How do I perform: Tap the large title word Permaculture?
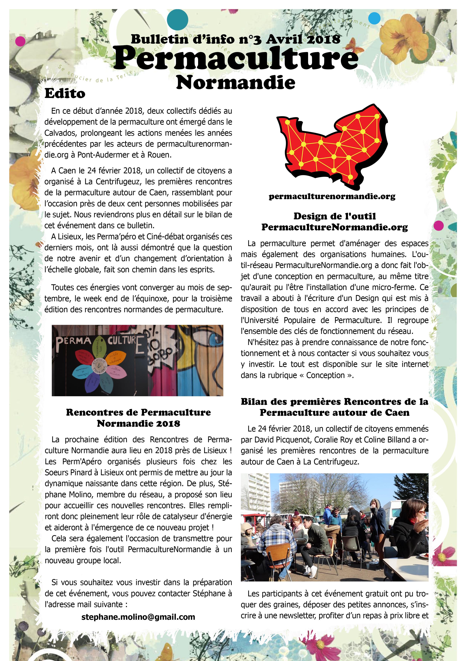tap(236, 59)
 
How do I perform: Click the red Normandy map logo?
tap(331, 145)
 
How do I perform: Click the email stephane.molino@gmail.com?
tap(138, 617)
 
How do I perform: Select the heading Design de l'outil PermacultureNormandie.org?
tap(335, 221)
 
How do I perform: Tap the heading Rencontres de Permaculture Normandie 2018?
tap(138, 418)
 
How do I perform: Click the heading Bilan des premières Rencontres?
tap(335, 407)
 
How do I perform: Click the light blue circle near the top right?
tap(374, 18)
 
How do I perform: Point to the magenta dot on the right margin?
tap(439, 225)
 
